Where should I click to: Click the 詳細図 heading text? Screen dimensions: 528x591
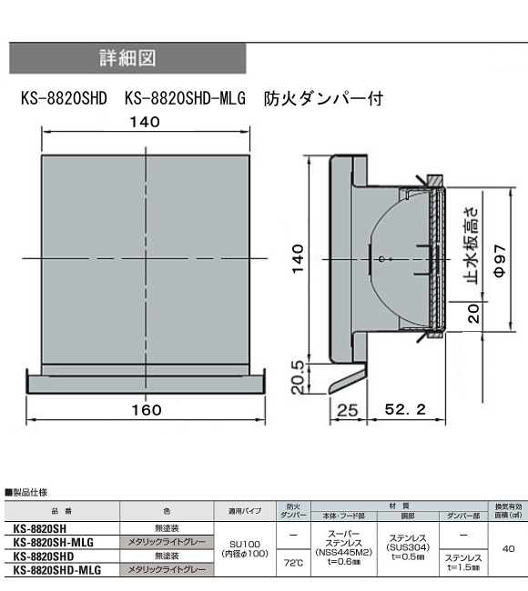point(127,58)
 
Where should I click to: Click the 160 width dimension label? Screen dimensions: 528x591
point(147,410)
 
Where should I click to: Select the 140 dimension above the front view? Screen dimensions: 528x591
point(145,122)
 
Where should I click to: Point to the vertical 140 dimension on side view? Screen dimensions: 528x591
point(299,258)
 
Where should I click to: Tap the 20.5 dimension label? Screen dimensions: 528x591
point(298,377)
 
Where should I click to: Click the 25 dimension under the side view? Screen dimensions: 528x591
point(347,410)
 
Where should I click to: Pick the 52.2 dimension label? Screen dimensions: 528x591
point(405,409)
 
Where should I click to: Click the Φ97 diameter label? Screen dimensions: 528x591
point(500,260)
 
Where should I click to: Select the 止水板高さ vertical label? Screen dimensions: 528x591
point(472,245)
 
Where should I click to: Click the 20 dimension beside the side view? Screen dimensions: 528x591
point(473,313)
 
